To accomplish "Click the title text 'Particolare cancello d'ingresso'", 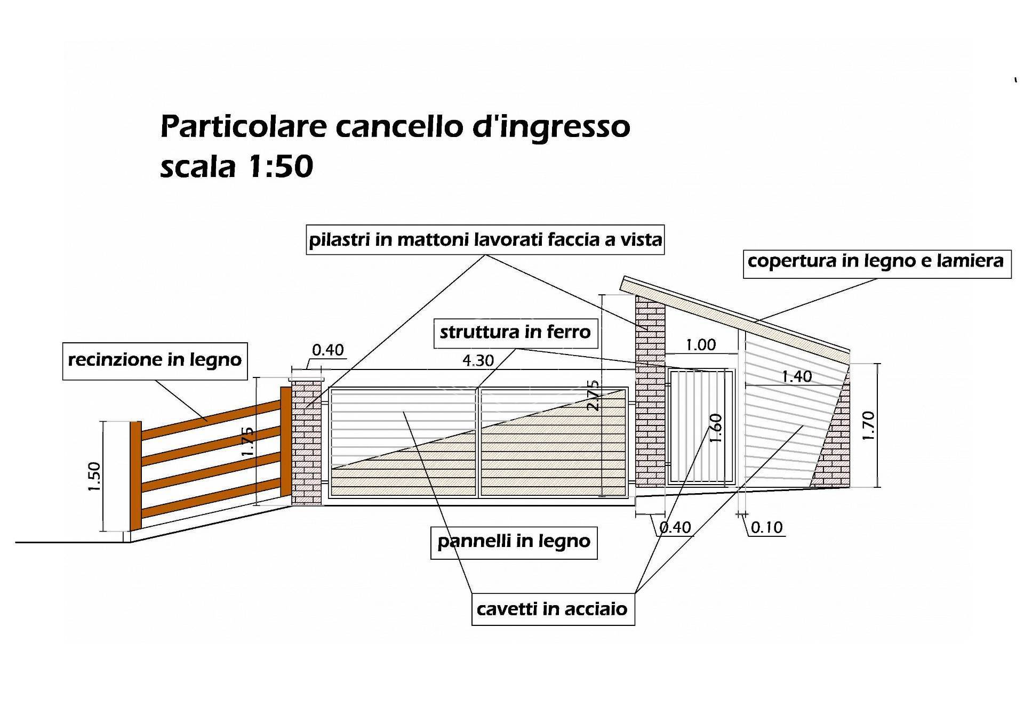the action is [395, 127].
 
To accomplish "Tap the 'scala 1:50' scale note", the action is [236, 166].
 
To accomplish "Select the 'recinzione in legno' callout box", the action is [155, 361].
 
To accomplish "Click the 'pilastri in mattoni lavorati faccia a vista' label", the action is [485, 240].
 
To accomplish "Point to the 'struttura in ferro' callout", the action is [515, 333].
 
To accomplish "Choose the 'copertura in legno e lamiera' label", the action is [877, 263].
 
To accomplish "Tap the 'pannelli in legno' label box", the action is [514, 543].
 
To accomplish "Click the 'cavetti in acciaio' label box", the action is [553, 609].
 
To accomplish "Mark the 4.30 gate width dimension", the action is [478, 361].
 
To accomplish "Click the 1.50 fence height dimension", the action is [94, 477].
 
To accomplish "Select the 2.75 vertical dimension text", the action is [593, 395].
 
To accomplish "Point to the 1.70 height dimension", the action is [869, 425].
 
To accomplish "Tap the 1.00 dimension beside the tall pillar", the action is [701, 345].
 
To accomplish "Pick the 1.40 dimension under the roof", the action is [797, 376].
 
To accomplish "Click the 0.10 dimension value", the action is [767, 527].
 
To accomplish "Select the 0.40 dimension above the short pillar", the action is [328, 350].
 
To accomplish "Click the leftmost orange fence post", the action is [135, 476].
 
